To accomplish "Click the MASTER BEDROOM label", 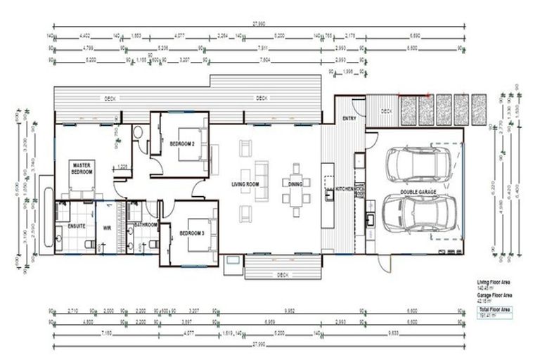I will click(82, 169).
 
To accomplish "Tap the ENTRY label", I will click(349, 118).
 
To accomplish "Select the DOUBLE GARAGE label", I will click(420, 191).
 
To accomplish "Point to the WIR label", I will click(108, 227).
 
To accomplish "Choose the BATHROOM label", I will click(144, 225).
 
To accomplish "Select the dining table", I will click(295, 190).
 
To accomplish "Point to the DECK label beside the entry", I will click(386, 111).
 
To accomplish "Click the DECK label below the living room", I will click(283, 274).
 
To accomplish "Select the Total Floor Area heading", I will click(494, 309).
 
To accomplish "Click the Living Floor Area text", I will click(492, 281).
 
